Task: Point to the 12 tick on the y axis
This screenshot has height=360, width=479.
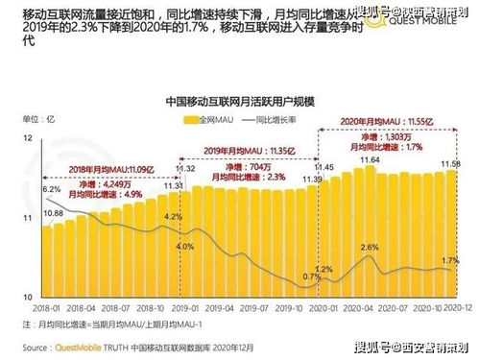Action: (29, 140)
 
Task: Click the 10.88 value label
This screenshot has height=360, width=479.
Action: (53, 212)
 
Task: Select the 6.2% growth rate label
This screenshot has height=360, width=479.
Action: (51, 190)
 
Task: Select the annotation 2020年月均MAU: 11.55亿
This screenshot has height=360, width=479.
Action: (388, 125)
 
